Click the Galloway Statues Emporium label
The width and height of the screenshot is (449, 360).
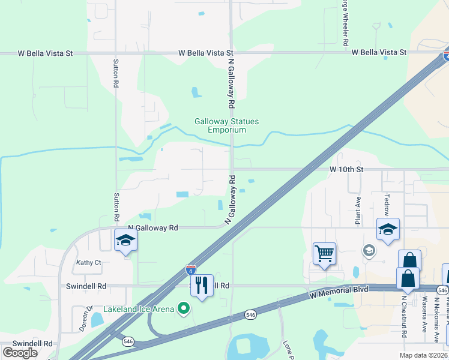pyautogui.click(x=226, y=125)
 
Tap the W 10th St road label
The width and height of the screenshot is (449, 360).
pyautogui.click(x=346, y=170)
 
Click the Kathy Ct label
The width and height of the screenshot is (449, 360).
pyautogui.click(x=88, y=262)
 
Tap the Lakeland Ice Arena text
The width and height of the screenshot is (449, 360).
pyautogui.click(x=139, y=309)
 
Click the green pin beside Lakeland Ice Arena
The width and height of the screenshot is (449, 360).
pyautogui.click(x=184, y=309)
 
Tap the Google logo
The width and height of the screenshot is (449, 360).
pyautogui.click(x=20, y=352)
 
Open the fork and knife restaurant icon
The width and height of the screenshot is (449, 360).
pyautogui.click(x=202, y=286)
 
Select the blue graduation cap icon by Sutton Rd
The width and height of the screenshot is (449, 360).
pyautogui.click(x=126, y=241)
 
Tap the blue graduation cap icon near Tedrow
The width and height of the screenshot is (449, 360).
pyautogui.click(x=388, y=229)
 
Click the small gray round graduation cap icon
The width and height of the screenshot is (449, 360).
pyautogui.click(x=369, y=250)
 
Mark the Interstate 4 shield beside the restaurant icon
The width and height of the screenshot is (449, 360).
pyautogui.click(x=190, y=270)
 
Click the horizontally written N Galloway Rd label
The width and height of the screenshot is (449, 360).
pyautogui.click(x=153, y=228)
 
